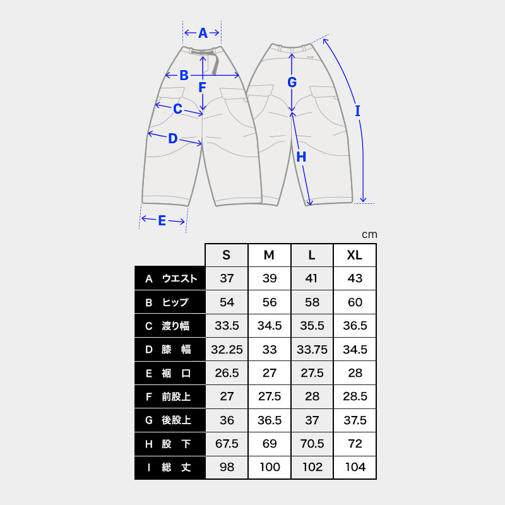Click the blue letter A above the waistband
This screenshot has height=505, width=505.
(x=203, y=33)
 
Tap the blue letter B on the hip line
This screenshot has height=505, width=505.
(x=184, y=75)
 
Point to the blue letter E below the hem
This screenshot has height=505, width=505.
(x=162, y=220)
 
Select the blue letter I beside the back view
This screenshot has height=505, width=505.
(x=357, y=111)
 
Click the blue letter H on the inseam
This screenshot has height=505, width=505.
(x=301, y=157)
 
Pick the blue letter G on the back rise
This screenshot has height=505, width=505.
(x=292, y=82)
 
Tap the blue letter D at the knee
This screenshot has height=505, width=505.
(x=173, y=138)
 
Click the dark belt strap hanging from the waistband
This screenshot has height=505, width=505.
(x=215, y=64)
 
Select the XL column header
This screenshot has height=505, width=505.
(x=355, y=255)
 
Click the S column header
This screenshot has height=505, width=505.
(x=227, y=255)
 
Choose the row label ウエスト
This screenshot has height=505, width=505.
(x=179, y=278)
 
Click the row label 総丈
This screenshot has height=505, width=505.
(x=176, y=467)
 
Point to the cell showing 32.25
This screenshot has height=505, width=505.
(x=227, y=350)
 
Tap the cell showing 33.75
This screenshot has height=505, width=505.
(x=312, y=350)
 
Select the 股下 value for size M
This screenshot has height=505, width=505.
(x=270, y=444)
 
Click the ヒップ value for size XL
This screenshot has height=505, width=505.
(x=355, y=302)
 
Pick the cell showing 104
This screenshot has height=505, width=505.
(x=355, y=467)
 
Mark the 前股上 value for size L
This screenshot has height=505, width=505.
(x=312, y=396)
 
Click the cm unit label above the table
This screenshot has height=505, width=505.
(x=369, y=235)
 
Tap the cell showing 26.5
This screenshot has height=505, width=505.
(x=227, y=373)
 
